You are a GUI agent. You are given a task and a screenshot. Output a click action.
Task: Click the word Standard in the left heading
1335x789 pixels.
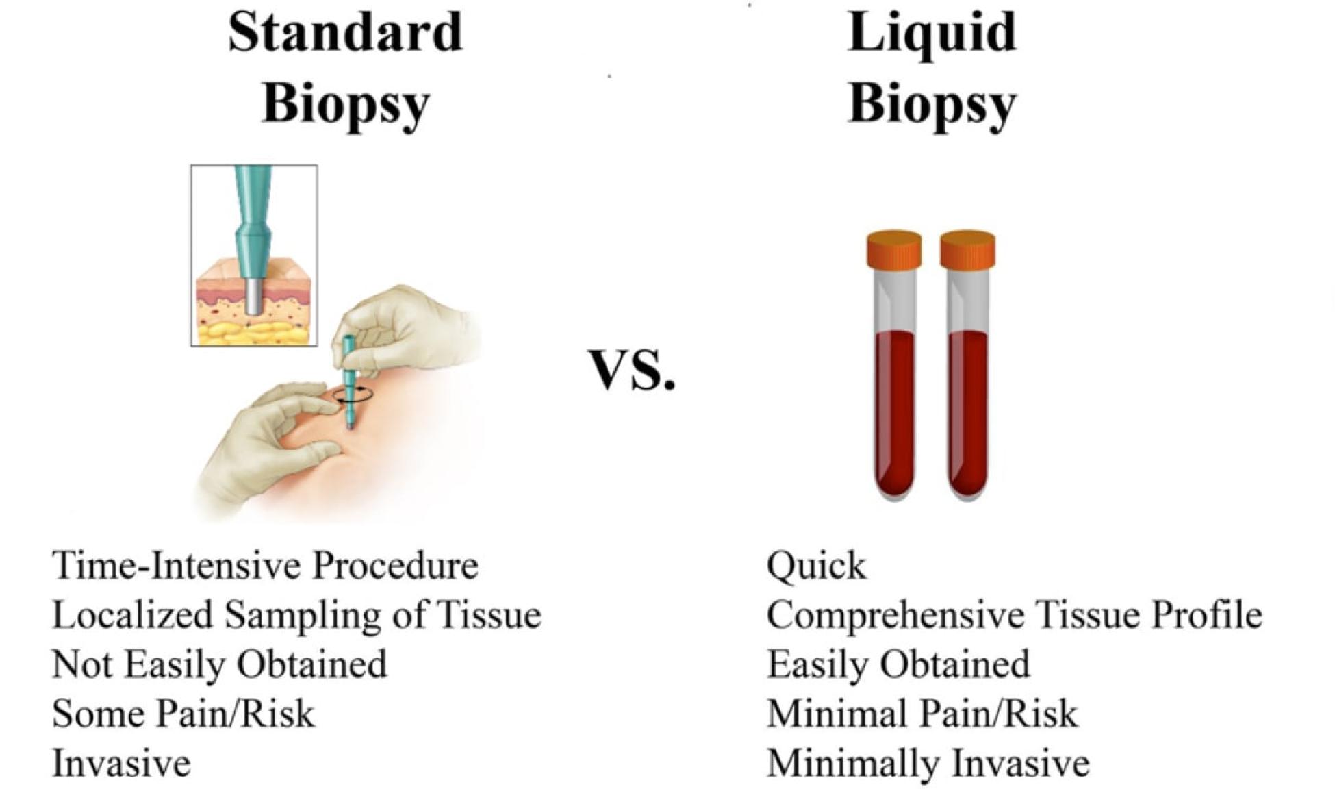(x=346, y=32)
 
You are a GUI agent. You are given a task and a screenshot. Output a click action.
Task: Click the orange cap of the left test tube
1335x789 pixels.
(x=893, y=249)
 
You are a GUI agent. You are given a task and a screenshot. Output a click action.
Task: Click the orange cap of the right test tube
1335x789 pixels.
(x=967, y=249)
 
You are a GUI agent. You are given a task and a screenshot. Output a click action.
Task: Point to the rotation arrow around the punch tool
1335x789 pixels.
(x=353, y=394)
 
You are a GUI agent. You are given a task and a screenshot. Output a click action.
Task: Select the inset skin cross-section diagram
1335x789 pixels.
(x=254, y=255)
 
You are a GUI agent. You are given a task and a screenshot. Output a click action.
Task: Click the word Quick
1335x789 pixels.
(x=817, y=566)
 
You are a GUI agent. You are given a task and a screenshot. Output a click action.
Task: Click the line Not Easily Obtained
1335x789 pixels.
(x=220, y=664)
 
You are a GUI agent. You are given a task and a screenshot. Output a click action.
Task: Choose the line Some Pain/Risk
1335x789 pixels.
(x=183, y=713)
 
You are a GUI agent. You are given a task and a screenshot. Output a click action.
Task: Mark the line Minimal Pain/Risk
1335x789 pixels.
(x=922, y=713)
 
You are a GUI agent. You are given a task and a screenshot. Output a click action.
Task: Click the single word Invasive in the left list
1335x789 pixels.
(x=121, y=763)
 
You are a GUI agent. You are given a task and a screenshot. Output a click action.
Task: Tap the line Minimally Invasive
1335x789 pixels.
(x=928, y=764)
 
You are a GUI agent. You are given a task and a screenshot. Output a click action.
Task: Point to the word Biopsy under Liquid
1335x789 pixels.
(x=932, y=106)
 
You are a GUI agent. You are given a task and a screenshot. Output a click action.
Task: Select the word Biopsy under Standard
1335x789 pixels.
(x=346, y=106)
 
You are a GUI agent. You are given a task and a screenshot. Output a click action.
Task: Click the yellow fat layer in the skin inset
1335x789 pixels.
(x=254, y=332)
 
